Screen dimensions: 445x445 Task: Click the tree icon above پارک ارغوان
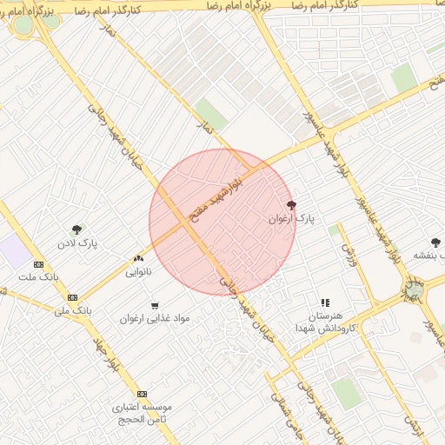click(x=291, y=205)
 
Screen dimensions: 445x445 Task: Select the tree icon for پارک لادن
click(x=77, y=229)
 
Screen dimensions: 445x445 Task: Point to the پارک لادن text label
click(x=79, y=244)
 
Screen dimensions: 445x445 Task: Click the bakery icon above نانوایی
click(x=138, y=258)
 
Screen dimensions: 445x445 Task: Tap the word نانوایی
click(x=138, y=272)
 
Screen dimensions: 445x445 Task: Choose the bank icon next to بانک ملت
click(x=38, y=264)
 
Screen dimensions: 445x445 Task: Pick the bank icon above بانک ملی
click(x=72, y=296)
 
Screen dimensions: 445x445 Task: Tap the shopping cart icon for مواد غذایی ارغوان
click(x=155, y=305)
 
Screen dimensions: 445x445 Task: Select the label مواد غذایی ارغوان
click(x=155, y=319)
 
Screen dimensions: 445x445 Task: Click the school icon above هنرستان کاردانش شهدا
click(x=325, y=302)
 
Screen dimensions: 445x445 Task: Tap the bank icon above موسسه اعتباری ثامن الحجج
click(x=143, y=394)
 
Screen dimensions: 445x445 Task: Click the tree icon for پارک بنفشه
click(x=435, y=242)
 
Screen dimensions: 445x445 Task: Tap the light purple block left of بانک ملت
click(x=14, y=252)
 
